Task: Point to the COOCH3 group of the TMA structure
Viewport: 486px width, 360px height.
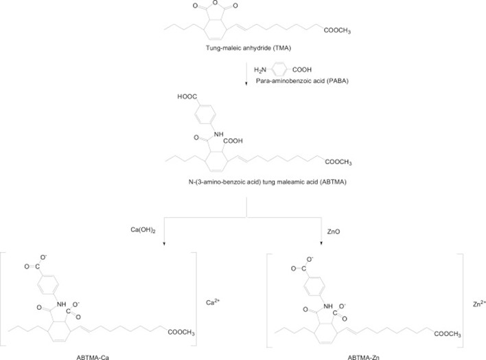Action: (x=333, y=28)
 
